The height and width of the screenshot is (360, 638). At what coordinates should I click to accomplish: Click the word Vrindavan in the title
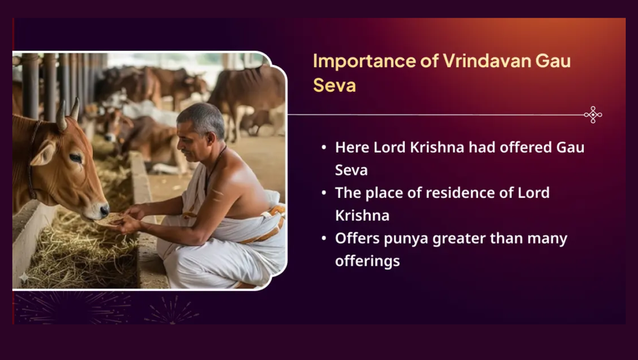point(486,61)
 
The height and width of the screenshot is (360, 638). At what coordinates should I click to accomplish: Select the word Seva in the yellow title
point(335,85)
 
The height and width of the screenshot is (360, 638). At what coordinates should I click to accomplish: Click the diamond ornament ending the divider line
point(593,115)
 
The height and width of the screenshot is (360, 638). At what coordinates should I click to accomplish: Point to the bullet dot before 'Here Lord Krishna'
point(324,147)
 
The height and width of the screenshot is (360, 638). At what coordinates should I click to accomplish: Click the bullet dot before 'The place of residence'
point(324,193)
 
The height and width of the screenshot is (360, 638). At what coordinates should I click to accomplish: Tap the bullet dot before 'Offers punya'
point(324,238)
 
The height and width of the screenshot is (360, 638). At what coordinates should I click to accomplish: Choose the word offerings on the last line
point(367,261)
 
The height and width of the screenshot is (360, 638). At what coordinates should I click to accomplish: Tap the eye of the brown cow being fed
point(76,158)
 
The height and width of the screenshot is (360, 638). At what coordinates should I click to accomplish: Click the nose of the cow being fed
point(104,210)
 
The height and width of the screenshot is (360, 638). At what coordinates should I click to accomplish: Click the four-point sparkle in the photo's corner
point(24,277)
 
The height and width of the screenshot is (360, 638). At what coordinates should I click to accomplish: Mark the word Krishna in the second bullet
point(362,215)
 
